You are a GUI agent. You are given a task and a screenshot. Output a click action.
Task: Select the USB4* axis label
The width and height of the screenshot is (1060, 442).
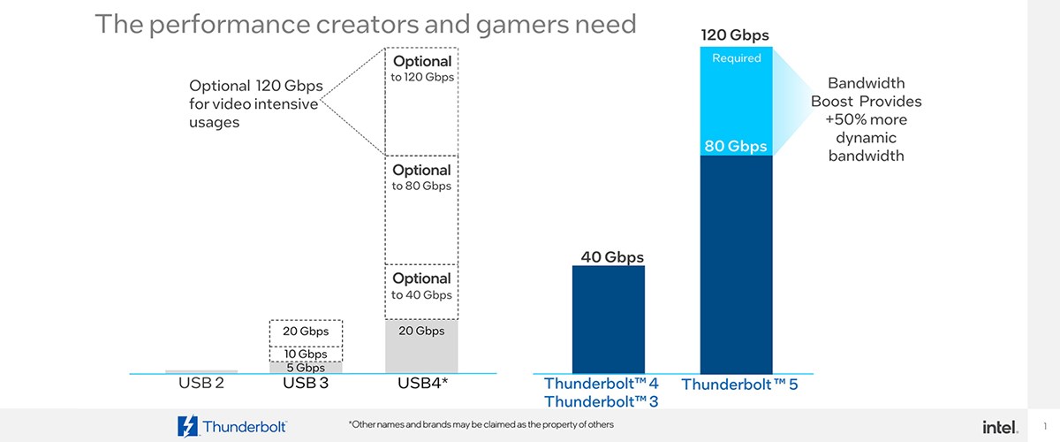click(x=421, y=384)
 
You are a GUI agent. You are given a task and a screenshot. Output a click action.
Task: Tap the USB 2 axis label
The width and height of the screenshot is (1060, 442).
click(x=201, y=384)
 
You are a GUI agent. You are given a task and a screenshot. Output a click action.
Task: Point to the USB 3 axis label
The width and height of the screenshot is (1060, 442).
click(x=306, y=384)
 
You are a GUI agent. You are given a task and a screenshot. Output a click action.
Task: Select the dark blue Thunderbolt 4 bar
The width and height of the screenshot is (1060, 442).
click(x=609, y=319)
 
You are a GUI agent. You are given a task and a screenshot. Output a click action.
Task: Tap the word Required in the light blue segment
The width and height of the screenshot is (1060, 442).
click(x=736, y=58)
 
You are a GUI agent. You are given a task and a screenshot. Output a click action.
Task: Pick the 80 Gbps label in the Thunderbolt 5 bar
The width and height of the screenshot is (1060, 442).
click(x=736, y=146)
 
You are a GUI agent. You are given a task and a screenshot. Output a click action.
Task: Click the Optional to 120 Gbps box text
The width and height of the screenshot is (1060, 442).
click(x=422, y=69)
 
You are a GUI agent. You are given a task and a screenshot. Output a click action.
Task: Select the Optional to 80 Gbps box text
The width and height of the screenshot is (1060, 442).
click(x=422, y=178)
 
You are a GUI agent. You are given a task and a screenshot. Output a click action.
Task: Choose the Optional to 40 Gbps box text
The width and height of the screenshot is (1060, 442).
click(x=422, y=286)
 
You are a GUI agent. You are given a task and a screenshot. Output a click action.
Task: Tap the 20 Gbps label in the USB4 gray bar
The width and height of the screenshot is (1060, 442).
click(x=422, y=331)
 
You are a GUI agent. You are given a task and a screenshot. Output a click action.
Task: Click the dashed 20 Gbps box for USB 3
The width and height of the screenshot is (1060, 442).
click(x=306, y=331)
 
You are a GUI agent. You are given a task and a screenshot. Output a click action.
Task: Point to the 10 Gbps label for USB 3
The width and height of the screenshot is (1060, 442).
click(x=306, y=354)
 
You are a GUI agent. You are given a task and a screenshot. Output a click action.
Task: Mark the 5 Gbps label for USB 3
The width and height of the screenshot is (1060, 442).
click(x=306, y=368)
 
